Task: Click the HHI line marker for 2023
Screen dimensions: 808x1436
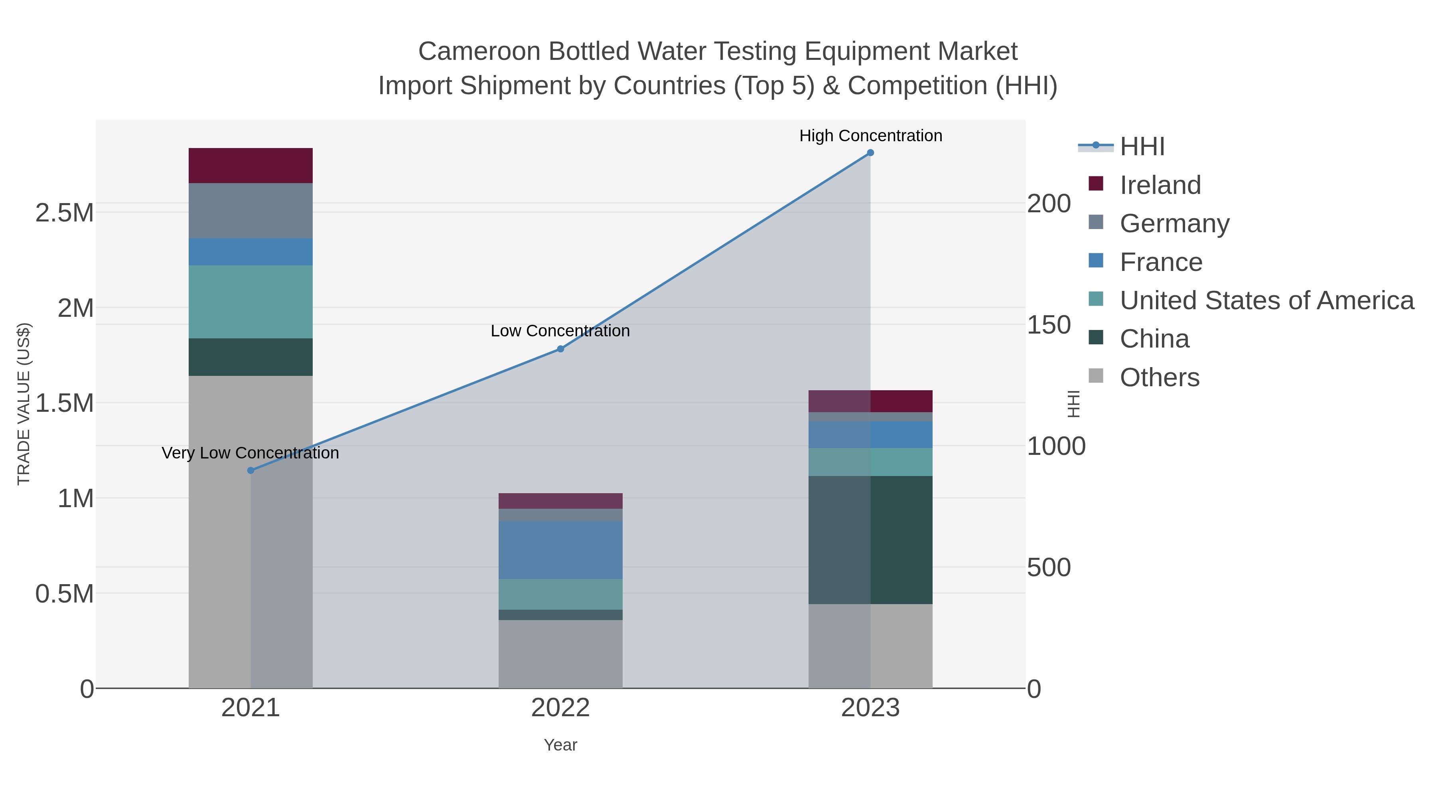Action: (x=870, y=153)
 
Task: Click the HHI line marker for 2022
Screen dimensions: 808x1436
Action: (x=561, y=349)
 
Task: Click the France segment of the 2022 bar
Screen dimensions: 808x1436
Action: (x=560, y=550)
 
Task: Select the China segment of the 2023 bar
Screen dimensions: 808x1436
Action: (x=870, y=540)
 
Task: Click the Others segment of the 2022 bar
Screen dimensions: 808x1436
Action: (x=560, y=654)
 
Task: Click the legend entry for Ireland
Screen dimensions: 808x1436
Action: (x=1160, y=185)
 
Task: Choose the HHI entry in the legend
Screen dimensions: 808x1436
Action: (x=1142, y=147)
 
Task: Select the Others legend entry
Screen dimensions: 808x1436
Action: (x=1159, y=377)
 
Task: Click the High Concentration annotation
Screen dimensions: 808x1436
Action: (x=871, y=136)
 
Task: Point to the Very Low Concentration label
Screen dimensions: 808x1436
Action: (x=250, y=453)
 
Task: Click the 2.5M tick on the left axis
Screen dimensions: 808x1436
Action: (x=65, y=213)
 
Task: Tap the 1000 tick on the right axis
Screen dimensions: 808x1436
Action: (x=1056, y=446)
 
